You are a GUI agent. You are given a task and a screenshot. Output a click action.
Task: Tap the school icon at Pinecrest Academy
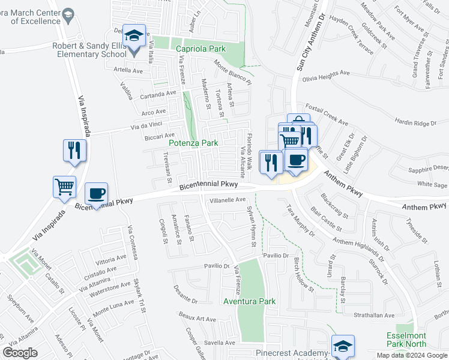[x=343, y=346]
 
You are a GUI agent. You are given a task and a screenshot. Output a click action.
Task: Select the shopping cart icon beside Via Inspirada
[x=64, y=186]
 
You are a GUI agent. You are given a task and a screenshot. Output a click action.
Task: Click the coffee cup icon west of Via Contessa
[x=96, y=193]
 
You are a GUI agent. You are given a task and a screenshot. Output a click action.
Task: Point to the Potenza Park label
[x=193, y=143]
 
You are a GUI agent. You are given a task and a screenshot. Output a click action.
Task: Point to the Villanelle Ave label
[x=229, y=200]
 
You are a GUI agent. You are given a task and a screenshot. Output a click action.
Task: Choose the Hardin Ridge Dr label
[x=415, y=123]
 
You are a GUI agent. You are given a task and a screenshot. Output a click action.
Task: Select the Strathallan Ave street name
[x=373, y=315]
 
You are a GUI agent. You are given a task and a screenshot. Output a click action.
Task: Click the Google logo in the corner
[x=20, y=353]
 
